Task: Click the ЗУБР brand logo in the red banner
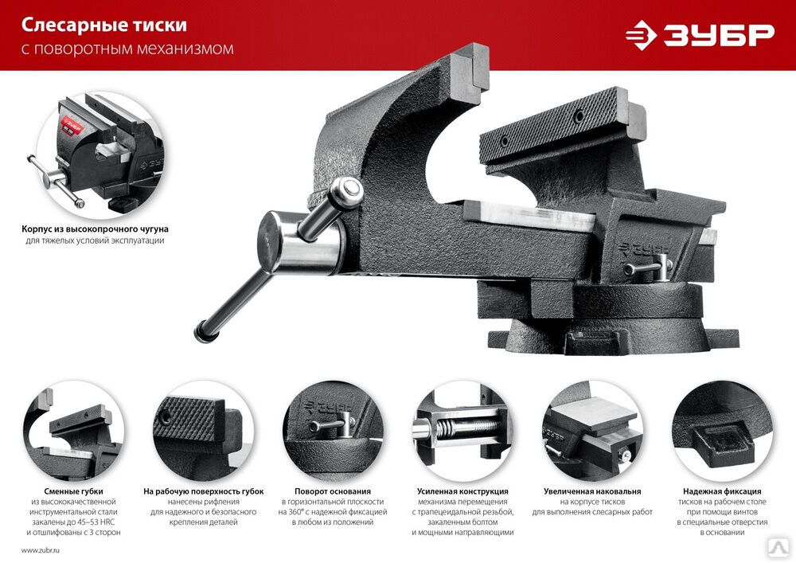700,35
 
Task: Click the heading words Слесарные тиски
104,25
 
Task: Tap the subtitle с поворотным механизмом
127,49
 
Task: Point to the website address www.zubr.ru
40,550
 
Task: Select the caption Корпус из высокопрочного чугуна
95,229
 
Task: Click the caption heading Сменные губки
73,491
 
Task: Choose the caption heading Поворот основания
333,491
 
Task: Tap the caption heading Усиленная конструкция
462,491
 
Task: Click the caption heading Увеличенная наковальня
592,491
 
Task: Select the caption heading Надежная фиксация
722,491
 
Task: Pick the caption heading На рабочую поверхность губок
203,491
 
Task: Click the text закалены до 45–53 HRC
73,522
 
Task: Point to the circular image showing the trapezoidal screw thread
462,431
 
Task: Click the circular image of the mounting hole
722,431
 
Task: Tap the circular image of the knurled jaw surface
203,431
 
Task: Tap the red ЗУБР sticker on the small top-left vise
72,127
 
